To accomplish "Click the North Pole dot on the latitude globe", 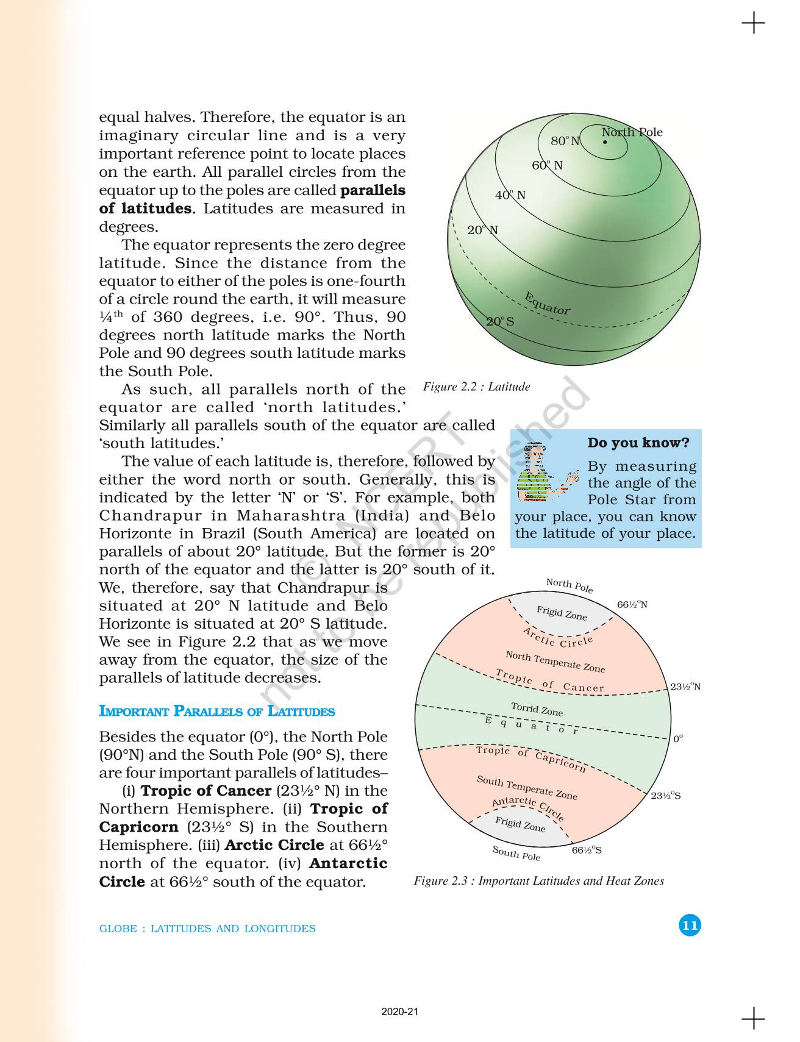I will [604, 142].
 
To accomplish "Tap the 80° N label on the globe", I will [565, 141].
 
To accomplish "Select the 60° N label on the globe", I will [547, 165].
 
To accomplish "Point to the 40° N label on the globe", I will [510, 195].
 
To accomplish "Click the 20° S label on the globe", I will [500, 321].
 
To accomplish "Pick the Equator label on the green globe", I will [547, 304].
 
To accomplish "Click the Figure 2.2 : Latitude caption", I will [476, 387].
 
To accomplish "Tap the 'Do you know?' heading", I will [638, 443].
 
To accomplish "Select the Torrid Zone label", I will [537, 709].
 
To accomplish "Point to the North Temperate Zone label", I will [555, 662].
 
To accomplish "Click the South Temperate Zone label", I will [526, 787].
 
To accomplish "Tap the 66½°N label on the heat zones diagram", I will [632, 605].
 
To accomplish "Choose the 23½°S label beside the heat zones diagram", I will [666, 796].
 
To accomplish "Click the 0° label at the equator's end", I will [678, 739].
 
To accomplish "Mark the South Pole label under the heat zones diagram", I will [516, 853].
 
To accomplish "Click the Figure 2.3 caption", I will [538, 881].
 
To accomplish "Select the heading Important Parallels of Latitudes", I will [216, 712].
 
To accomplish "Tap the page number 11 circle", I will [690, 926].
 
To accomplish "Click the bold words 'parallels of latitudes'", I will [252, 199].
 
